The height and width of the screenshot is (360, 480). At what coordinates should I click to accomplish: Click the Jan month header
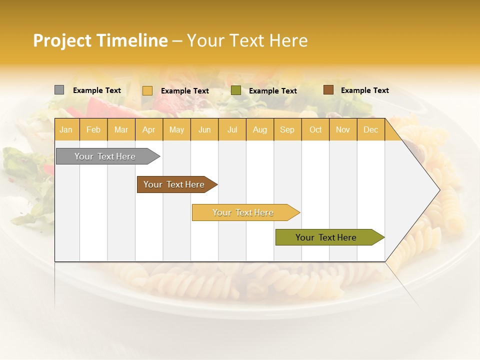pyautogui.click(x=66, y=129)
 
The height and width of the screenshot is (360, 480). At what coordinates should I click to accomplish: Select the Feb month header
pyautogui.click(x=93, y=129)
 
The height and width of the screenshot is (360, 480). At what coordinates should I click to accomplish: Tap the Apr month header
pyautogui.click(x=148, y=129)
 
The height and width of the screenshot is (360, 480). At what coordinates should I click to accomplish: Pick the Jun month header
pyautogui.click(x=204, y=129)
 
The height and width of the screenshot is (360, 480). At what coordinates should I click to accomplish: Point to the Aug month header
pyautogui.click(x=259, y=129)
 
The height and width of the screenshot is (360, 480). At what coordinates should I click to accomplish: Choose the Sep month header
pyautogui.click(x=287, y=129)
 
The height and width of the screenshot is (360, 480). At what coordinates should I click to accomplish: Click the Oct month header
pyautogui.click(x=315, y=129)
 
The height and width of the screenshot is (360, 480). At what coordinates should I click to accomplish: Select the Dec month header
pyautogui.click(x=370, y=129)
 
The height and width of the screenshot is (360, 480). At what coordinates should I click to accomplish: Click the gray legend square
pyautogui.click(x=59, y=90)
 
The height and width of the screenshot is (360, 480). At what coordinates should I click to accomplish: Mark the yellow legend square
pyautogui.click(x=147, y=90)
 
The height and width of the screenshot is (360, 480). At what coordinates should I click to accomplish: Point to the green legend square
pyautogui.click(x=236, y=90)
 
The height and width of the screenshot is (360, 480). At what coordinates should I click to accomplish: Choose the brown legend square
pyautogui.click(x=328, y=90)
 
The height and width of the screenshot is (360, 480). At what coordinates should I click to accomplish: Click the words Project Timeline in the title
pyautogui.click(x=100, y=40)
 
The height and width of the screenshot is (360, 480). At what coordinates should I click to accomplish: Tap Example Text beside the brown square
pyautogui.click(x=364, y=90)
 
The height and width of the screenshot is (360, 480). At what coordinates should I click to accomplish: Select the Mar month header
pyautogui.click(x=121, y=129)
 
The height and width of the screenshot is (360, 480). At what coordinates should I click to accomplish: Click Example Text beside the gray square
pyautogui.click(x=97, y=90)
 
